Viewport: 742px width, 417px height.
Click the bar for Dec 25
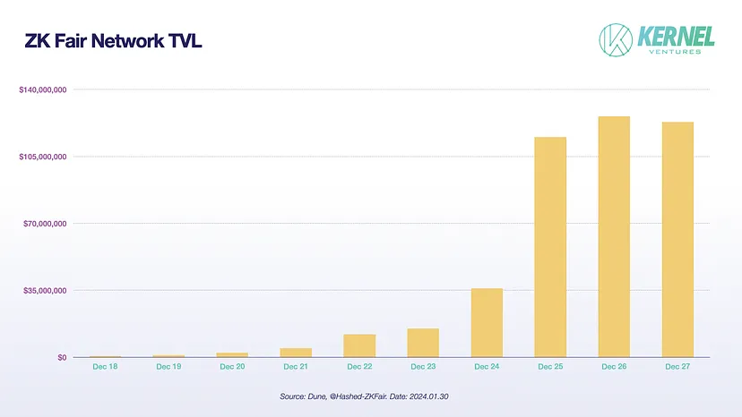coord(550,247)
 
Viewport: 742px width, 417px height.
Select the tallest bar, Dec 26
coord(614,236)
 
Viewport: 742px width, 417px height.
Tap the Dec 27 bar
coord(677,239)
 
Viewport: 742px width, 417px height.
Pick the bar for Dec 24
coord(487,322)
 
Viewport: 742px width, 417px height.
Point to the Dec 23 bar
coord(423,343)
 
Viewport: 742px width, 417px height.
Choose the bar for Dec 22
coord(359,345)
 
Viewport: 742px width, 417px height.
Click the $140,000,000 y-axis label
coord(44,89)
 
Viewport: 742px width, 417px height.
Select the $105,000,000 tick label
coord(44,157)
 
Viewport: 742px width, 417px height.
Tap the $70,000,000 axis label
coord(46,224)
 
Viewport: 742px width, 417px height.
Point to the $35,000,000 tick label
coord(46,290)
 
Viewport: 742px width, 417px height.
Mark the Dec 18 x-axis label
coord(105,367)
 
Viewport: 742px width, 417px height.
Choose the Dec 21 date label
coord(296,367)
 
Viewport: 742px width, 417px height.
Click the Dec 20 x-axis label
coord(232,367)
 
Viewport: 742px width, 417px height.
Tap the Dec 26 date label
coord(614,367)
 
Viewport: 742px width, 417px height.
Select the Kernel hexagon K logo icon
coord(616,38)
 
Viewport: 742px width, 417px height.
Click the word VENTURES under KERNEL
coord(676,51)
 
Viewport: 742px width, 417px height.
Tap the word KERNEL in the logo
coord(676,35)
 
